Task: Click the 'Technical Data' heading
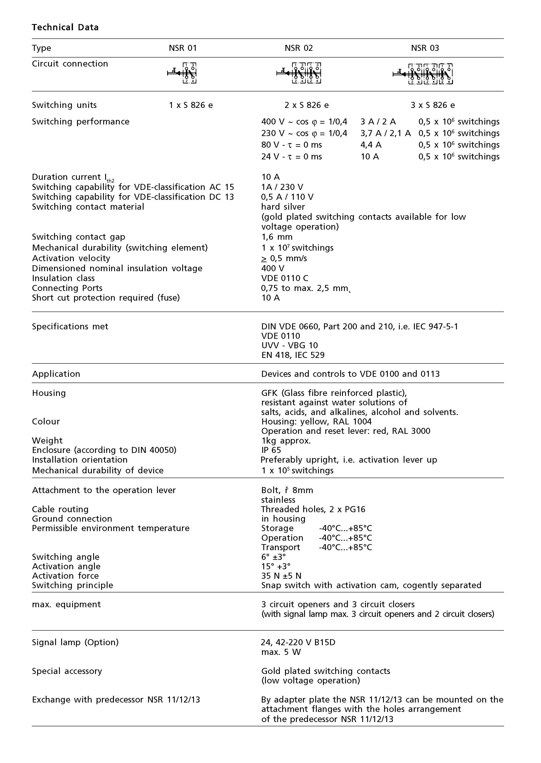pyautogui.click(x=65, y=27)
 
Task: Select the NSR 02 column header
pyautogui.click(x=299, y=48)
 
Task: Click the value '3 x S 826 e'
pyautogui.click(x=432, y=105)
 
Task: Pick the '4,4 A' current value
pyautogui.click(x=371, y=145)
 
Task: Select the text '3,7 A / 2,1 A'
pyautogui.click(x=385, y=133)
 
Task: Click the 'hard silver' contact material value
pyautogui.click(x=283, y=207)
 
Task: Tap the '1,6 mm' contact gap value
pyautogui.click(x=277, y=237)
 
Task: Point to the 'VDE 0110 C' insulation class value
pyautogui.click(x=285, y=278)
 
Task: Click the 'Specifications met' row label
pyautogui.click(x=70, y=326)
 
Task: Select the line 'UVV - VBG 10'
pyautogui.click(x=289, y=345)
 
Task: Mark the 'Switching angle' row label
pyautogui.click(x=66, y=557)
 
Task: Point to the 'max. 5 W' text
pyautogui.click(x=281, y=652)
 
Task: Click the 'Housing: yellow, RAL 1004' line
pyautogui.click(x=316, y=422)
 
